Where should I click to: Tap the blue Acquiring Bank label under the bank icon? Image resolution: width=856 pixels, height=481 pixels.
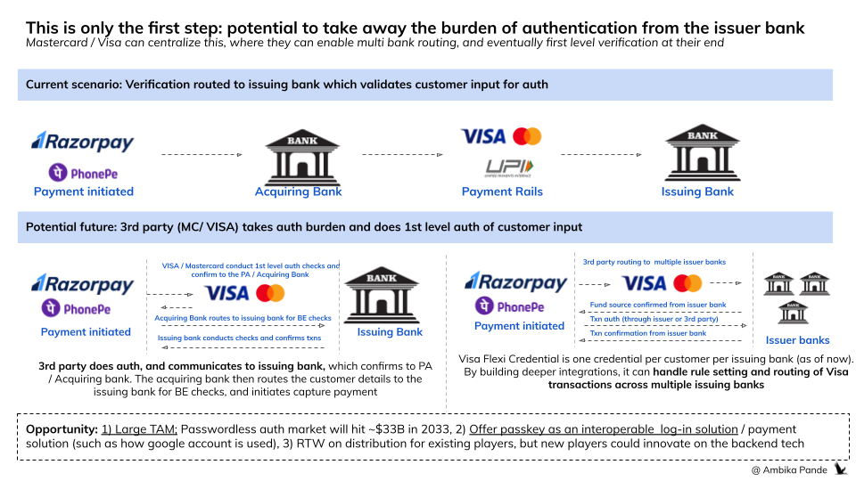[x=298, y=192]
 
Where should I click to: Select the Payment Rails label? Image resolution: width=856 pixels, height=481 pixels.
[x=502, y=192]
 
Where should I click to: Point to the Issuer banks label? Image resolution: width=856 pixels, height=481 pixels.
[x=797, y=339]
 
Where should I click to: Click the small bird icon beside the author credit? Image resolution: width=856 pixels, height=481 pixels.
[x=840, y=468]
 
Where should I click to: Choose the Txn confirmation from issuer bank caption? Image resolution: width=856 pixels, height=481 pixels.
[x=648, y=333]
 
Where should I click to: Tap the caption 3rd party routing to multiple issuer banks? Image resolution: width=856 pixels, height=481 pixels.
[x=654, y=263]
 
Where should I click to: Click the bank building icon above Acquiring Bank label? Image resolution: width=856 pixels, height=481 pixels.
[x=298, y=155]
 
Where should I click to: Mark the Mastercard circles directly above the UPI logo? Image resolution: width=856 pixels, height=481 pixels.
[x=527, y=136]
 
